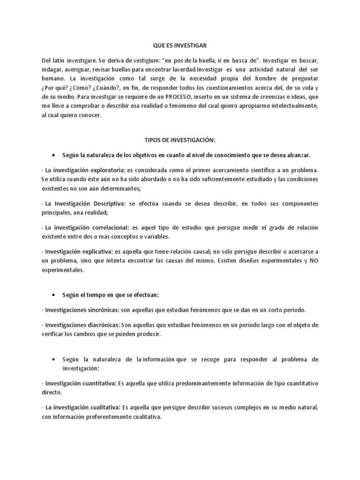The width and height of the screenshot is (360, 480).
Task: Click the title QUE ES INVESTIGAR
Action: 180,45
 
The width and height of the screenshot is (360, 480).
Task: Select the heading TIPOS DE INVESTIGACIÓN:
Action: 180,140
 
